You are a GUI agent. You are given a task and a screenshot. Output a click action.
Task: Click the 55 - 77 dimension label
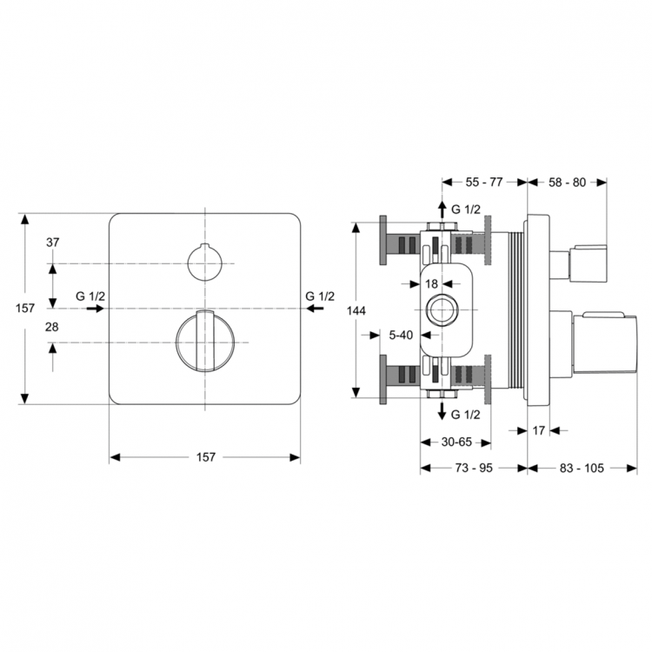pyautogui.click(x=484, y=183)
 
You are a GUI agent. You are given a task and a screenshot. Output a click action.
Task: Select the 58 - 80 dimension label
pyautogui.click(x=567, y=183)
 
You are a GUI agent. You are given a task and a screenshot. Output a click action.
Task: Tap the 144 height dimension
pyautogui.click(x=356, y=310)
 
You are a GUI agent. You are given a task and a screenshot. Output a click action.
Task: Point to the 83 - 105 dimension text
pyautogui.click(x=582, y=469)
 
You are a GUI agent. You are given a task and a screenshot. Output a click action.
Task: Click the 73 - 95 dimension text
pyautogui.click(x=474, y=469)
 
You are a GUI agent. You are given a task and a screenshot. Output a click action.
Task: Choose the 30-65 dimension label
pyautogui.click(x=456, y=442)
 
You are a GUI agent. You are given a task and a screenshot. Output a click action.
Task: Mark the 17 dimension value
pyautogui.click(x=538, y=431)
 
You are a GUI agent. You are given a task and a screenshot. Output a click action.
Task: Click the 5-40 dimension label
pyautogui.click(x=401, y=335)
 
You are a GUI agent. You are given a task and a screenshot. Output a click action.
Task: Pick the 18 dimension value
pyautogui.click(x=431, y=284)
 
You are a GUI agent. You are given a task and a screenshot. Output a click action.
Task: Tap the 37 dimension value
pyautogui.click(x=53, y=243)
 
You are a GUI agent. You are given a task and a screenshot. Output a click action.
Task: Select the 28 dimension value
pyautogui.click(x=52, y=327)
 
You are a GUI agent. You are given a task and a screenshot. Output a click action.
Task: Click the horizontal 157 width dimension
pyautogui.click(x=206, y=457)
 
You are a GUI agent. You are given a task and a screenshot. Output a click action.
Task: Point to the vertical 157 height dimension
pyautogui.click(x=25, y=308)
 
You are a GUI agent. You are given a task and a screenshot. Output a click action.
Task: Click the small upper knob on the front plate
pyautogui.click(x=205, y=263)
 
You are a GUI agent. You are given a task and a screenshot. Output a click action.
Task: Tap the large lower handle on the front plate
pyautogui.click(x=205, y=341)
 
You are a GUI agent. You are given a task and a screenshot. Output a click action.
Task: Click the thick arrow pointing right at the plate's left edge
pyautogui.click(x=96, y=309)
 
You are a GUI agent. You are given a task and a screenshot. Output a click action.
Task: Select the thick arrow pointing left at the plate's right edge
pyautogui.click(x=316, y=309)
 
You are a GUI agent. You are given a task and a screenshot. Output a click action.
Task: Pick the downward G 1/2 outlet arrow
pyautogui.click(x=442, y=411)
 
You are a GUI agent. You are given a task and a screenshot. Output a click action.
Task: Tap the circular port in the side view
pyautogui.click(x=442, y=309)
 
